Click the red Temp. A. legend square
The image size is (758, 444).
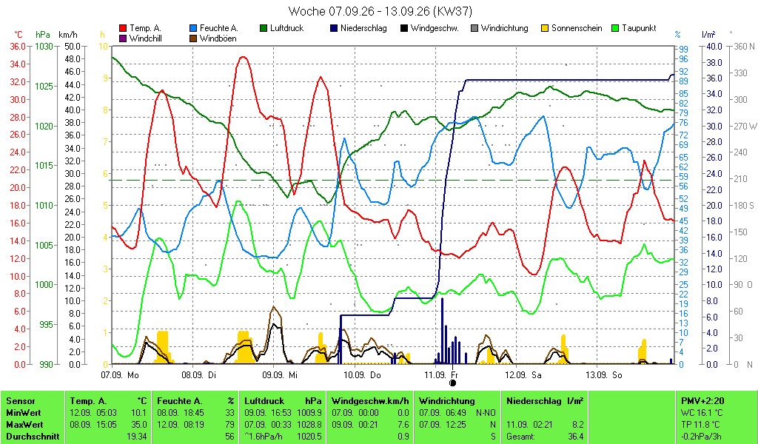point(123,29)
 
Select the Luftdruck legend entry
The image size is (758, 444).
point(282,29)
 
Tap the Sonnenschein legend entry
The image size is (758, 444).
point(572,29)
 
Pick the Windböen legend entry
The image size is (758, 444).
point(213,38)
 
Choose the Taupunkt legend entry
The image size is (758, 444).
point(634,29)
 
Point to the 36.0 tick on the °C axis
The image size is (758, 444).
point(18,47)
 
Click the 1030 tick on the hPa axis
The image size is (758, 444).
point(44,47)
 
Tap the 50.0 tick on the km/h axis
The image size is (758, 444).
point(73,47)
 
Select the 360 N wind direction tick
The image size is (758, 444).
point(744,47)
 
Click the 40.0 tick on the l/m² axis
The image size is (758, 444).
point(714,47)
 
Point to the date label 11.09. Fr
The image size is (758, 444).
point(441,375)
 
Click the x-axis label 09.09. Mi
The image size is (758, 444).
point(280,375)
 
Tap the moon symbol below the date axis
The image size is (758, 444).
point(452,383)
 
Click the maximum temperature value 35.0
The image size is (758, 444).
point(139,425)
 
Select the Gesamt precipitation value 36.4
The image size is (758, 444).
point(576,437)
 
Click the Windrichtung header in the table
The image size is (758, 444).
point(446,401)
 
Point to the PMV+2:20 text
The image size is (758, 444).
point(702,401)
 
